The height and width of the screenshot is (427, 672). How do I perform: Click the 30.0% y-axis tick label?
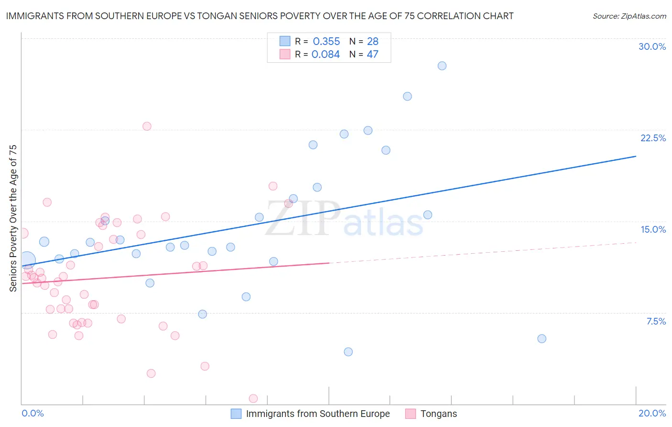point(652,46)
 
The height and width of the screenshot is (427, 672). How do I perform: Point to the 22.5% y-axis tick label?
point(653,138)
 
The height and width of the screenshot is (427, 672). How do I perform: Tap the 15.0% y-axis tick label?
point(653,229)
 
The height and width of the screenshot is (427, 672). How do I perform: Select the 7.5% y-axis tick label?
point(656,321)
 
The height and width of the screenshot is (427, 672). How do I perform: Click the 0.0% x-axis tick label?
point(33,413)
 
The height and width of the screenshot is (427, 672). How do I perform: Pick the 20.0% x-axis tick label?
point(652,413)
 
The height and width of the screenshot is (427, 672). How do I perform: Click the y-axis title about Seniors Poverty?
point(13,218)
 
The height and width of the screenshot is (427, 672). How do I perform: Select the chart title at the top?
point(260,16)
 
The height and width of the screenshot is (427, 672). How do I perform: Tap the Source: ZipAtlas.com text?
point(629,16)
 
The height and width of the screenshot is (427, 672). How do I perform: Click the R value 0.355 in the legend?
point(326,41)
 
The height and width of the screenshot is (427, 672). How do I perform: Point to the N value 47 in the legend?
point(372,54)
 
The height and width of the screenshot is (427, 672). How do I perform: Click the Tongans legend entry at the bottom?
point(438,414)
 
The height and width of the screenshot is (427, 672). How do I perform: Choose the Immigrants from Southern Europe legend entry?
point(317,414)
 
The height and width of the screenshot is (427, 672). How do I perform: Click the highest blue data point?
point(442,66)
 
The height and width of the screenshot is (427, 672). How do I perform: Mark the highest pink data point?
point(147,126)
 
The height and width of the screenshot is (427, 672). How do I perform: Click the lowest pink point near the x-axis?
point(253,398)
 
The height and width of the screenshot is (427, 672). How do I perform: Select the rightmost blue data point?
point(542,338)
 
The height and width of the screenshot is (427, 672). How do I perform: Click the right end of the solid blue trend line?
point(636,156)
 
